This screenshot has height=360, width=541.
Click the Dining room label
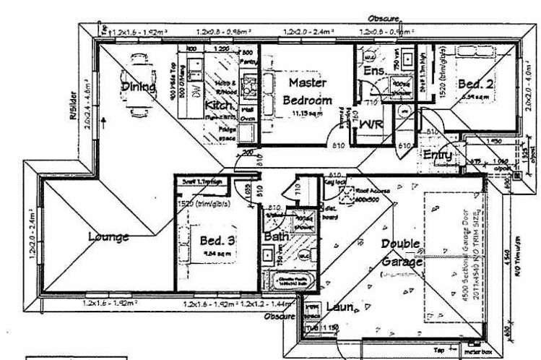139,87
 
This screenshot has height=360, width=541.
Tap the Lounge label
109,236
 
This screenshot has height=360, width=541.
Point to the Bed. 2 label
476,84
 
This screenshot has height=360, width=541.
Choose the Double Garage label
401,253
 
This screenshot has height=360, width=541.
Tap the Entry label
438,155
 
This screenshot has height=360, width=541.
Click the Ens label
374,71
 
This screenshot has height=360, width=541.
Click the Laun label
339,307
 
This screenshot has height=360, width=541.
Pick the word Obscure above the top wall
384,19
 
